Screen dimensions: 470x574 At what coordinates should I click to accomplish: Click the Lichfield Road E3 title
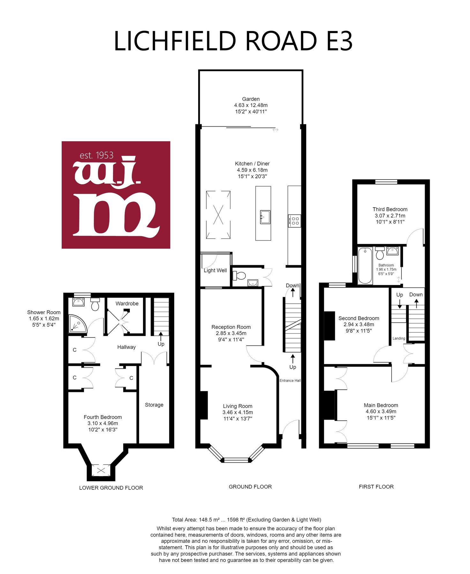click(x=233, y=41)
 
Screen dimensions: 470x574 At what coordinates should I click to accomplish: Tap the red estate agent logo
click(x=116, y=195)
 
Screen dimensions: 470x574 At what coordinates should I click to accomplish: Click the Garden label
click(x=251, y=99)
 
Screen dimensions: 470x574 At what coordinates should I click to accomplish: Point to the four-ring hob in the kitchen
click(x=294, y=221)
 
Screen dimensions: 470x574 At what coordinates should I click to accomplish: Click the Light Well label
click(x=215, y=270)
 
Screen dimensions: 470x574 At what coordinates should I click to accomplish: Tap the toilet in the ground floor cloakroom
click(x=239, y=275)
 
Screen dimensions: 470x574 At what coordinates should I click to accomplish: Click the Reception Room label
click(x=231, y=327)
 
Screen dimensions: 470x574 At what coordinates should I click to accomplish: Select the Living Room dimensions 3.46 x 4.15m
click(x=238, y=412)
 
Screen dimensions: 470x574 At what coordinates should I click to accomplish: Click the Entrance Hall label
click(x=290, y=380)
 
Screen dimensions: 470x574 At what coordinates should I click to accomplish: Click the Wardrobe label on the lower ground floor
click(x=127, y=304)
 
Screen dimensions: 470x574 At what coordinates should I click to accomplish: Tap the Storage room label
click(x=154, y=405)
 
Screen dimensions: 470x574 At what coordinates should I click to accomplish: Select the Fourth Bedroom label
click(x=103, y=417)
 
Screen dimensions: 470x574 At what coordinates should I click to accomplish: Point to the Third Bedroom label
click(x=390, y=210)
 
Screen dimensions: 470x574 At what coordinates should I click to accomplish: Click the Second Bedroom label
click(x=359, y=318)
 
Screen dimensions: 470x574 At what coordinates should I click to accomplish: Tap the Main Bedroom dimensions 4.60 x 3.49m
click(x=381, y=411)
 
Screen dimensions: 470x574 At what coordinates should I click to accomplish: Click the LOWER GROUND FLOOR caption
click(x=111, y=488)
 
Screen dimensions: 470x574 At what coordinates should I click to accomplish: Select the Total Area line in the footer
click(x=247, y=520)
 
